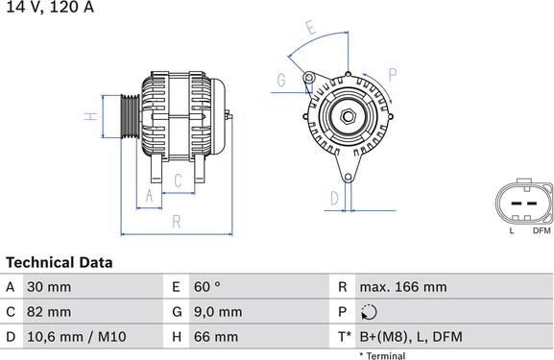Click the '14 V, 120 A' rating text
pos(50,7)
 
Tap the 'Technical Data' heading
pos(59,262)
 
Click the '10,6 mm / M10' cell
pos(77,337)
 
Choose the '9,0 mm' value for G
pos(217,312)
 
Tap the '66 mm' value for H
pos(217,337)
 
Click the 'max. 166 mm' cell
pos(402,287)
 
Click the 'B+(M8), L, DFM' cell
pos(410,337)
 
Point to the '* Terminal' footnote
pos(382,355)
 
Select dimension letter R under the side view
pos(177,222)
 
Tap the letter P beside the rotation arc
pos(393,73)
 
